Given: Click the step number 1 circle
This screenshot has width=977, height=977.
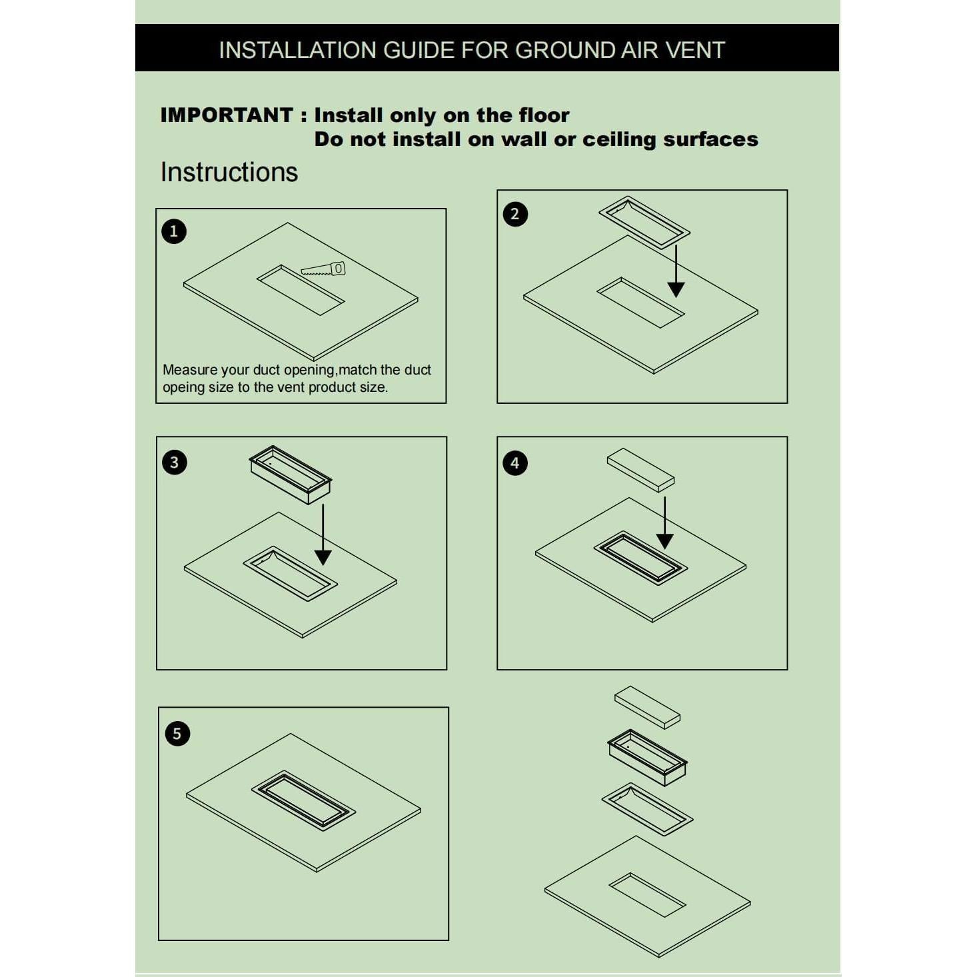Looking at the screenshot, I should [x=174, y=231].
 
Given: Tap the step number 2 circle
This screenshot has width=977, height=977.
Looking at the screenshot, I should [x=514, y=214].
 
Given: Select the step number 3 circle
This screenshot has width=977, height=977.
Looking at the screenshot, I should [x=175, y=462].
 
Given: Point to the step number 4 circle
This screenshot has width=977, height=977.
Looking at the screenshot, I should [x=514, y=463].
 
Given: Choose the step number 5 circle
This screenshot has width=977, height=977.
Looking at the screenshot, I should [x=177, y=733].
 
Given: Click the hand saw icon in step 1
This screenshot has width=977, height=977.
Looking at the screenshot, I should [x=325, y=269].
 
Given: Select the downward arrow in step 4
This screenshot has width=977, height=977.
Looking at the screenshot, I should [x=664, y=524].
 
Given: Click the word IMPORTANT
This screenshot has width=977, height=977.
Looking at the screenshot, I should [x=227, y=115].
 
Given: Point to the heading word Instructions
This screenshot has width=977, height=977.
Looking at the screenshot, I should [x=229, y=172].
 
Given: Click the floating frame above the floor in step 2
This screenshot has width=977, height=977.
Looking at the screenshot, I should [x=644, y=222].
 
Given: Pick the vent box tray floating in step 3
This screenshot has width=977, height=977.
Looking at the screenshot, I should [x=291, y=474].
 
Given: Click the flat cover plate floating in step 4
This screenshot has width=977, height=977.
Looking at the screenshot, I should [x=640, y=469].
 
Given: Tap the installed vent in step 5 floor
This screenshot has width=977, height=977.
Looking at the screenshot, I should [x=303, y=800].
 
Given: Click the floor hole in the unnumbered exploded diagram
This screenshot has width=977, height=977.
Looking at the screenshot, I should [x=647, y=894].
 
